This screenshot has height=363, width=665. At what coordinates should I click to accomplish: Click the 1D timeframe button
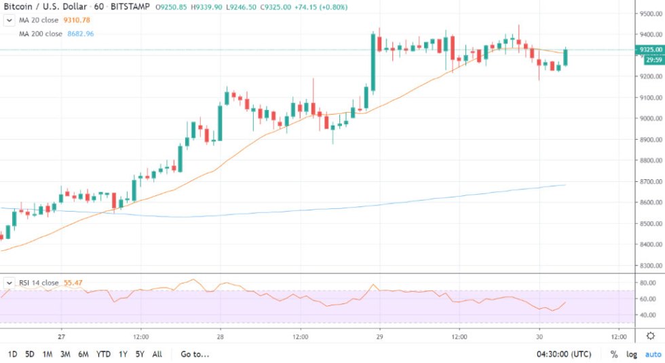click(12, 354)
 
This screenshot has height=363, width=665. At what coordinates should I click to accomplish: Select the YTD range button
click(104, 354)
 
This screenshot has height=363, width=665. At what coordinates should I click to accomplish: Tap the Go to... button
click(195, 354)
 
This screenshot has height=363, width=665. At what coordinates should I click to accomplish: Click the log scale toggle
click(632, 354)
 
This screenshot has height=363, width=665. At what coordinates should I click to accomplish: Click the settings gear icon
click(650, 336)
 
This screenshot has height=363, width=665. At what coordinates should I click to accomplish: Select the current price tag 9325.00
click(650, 50)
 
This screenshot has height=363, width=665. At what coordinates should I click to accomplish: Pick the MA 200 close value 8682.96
click(81, 33)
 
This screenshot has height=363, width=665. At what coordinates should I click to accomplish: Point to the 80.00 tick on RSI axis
click(647, 282)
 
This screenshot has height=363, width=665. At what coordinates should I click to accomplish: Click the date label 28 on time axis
click(221, 336)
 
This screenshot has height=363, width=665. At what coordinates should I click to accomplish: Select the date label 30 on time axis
click(539, 336)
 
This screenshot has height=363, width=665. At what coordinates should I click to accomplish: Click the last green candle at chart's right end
click(565, 58)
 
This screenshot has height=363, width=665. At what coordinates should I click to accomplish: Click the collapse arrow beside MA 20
click(9, 20)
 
